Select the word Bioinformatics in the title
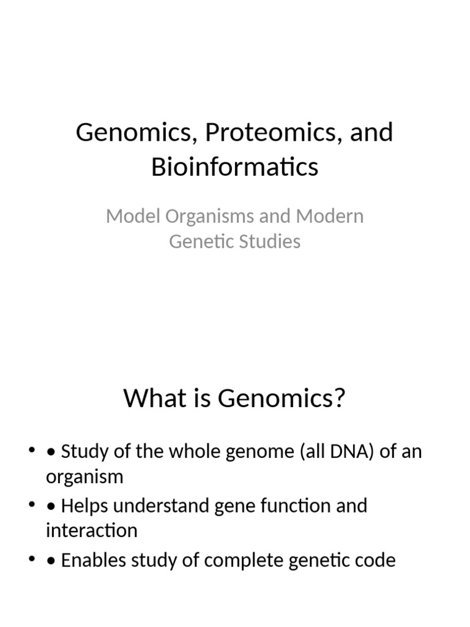[x=235, y=167]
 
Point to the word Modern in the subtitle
[x=330, y=216]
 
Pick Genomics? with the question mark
[x=282, y=399]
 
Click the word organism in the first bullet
[x=84, y=477]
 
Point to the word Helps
[x=86, y=506]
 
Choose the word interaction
[x=92, y=530]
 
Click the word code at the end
[x=376, y=560]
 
